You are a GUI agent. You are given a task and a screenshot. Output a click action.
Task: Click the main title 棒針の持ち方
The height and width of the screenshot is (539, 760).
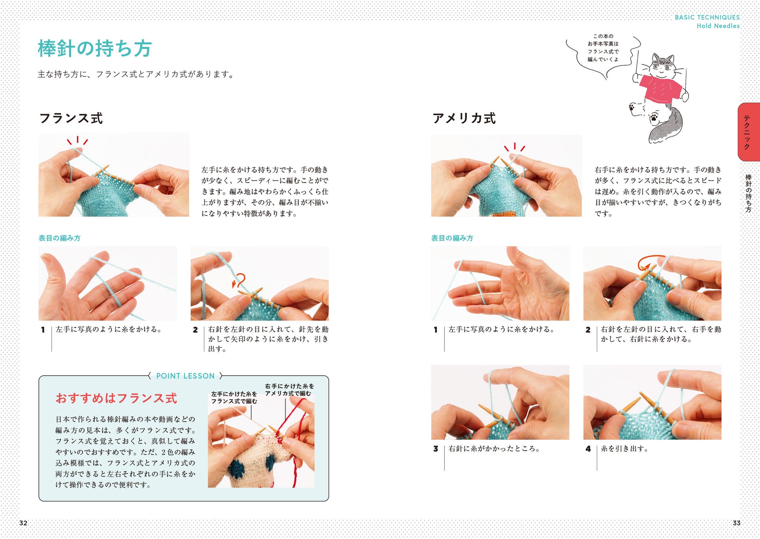95,48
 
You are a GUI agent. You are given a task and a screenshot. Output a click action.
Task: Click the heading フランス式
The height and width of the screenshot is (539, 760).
71,118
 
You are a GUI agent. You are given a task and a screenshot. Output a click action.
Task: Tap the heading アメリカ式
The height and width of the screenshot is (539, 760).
464,118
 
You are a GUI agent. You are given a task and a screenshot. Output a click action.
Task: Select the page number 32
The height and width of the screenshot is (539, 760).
23,523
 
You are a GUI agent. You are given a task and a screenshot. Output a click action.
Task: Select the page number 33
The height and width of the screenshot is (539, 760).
736,523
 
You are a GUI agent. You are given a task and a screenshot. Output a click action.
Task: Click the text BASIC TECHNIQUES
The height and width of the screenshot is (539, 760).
707,17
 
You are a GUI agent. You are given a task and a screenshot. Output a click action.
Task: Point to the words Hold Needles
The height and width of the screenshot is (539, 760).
718,26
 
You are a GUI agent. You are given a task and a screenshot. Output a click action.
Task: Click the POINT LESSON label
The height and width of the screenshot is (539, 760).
185,376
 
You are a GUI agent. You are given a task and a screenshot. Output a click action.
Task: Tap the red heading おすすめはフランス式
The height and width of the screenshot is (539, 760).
116,398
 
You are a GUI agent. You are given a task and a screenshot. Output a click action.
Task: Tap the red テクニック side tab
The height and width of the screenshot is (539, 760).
748,132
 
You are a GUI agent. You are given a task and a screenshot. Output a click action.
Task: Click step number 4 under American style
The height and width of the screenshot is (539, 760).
588,449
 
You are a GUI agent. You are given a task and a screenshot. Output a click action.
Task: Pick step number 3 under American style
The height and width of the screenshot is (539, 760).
436,449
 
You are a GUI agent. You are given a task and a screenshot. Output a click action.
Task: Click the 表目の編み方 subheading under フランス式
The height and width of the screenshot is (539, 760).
60,238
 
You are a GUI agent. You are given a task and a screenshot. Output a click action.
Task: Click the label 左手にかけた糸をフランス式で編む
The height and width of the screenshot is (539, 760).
234,397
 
